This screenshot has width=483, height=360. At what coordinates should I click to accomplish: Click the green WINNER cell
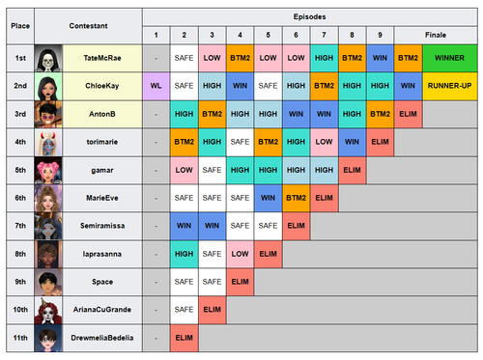tap(449, 58)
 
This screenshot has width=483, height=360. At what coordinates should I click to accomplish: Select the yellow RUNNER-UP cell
tap(449, 86)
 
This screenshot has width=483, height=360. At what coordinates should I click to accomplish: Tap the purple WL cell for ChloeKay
tap(156, 86)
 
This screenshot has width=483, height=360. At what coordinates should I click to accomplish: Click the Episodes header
tap(309, 16)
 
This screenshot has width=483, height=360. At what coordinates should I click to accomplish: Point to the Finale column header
tap(436, 35)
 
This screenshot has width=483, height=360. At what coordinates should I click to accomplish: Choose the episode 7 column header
tap(324, 35)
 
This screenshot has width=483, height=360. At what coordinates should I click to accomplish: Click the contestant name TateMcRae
tap(102, 58)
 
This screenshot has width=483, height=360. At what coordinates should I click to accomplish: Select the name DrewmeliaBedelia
tap(102, 338)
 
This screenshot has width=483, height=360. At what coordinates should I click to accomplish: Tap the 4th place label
tap(20, 142)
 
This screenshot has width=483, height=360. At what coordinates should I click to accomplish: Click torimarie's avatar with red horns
tap(48, 142)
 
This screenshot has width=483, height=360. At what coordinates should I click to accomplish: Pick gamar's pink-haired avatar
tap(48, 170)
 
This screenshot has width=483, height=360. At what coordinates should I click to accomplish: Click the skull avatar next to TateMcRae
tap(48, 58)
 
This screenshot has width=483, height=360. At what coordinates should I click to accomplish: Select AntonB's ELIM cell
tap(408, 114)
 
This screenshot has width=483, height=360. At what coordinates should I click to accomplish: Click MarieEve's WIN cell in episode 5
tap(268, 198)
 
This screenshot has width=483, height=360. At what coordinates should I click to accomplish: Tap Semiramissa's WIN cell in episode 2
tap(184, 226)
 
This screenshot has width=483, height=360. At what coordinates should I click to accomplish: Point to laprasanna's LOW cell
tap(240, 254)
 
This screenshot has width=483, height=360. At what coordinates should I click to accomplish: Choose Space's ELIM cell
tap(240, 282)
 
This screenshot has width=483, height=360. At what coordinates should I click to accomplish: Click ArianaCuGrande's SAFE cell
tap(184, 310)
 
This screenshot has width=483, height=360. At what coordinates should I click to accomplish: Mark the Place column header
tap(20, 26)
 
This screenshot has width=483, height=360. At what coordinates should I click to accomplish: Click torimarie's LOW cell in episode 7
tap(324, 142)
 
